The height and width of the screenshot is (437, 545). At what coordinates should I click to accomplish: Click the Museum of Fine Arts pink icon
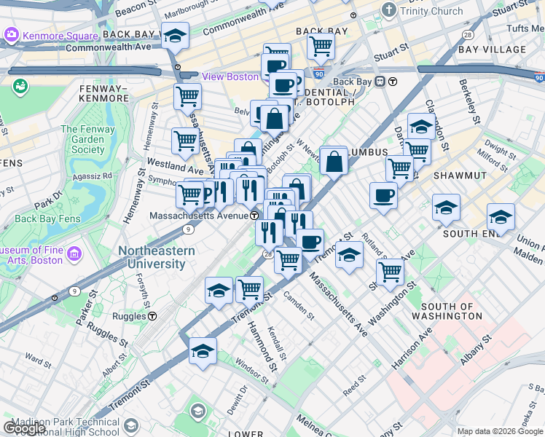(x=74, y=254)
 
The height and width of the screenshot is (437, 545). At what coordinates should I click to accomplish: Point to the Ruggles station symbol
(x=152, y=316)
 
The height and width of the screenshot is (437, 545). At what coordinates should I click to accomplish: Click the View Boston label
(x=230, y=76)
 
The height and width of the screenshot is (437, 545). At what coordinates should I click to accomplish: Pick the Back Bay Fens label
(x=47, y=218)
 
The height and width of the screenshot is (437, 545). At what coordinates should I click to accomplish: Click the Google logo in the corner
(x=24, y=428)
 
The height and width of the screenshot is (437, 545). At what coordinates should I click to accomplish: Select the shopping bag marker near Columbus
(x=334, y=162)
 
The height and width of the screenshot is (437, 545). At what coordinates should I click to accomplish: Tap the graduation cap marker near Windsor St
(x=203, y=351)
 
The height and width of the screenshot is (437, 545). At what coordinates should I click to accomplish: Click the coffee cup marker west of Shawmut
(x=383, y=195)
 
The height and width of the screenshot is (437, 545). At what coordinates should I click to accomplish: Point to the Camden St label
(x=299, y=308)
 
